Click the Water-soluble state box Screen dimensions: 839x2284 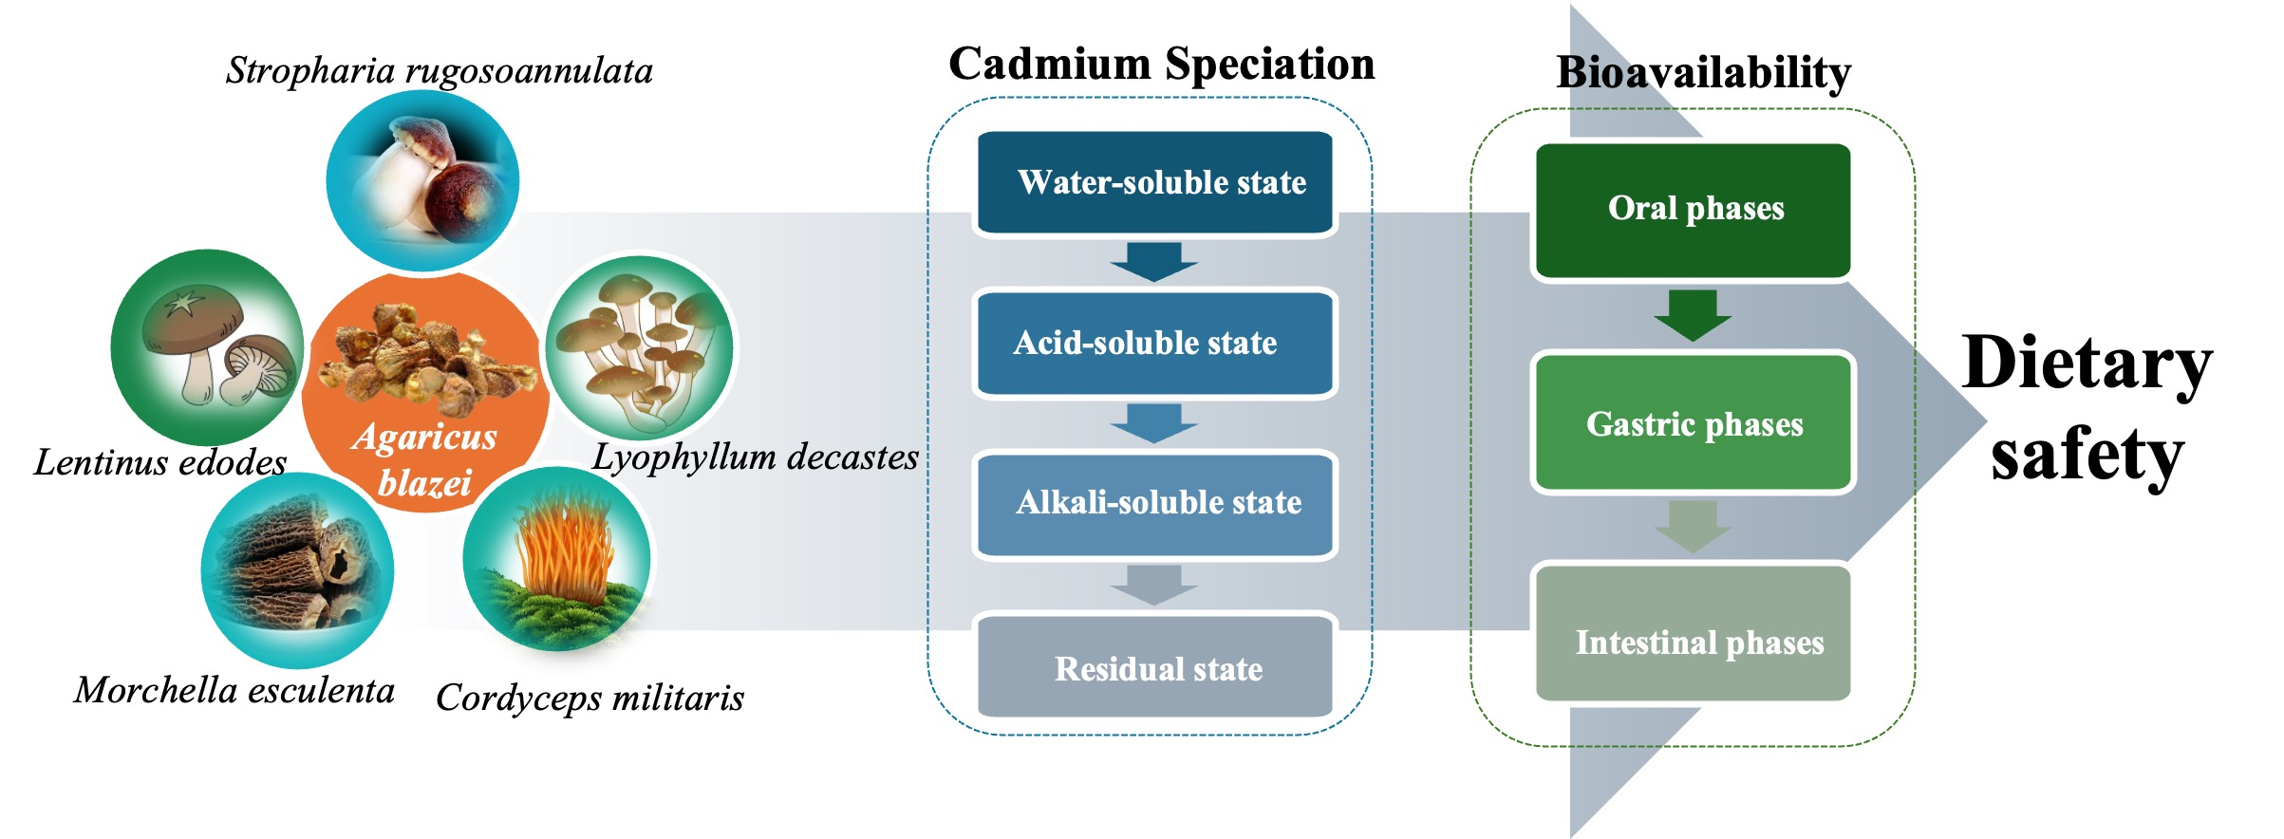coord(1154,182)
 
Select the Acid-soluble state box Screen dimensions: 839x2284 coord(1154,343)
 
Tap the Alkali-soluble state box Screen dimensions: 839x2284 coord(1154,503)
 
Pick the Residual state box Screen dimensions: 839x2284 coord(1154,668)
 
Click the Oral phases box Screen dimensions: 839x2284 coord(1694,209)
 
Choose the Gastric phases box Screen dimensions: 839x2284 coord(1694,423)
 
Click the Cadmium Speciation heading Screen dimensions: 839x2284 coord(1161,65)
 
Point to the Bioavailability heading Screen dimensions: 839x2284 coord(1703,72)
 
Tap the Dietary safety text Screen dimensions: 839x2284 coord(2087,408)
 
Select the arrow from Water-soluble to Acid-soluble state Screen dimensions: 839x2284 coord(1154,261)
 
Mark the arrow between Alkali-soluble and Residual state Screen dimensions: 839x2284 coord(1154,585)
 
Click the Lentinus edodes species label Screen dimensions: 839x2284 coord(159,462)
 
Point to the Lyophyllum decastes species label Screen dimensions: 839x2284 coord(755,457)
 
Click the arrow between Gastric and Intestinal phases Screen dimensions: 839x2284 coord(1693,526)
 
